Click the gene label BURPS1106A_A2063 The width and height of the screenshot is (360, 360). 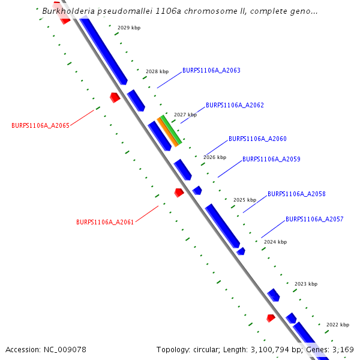[211, 71]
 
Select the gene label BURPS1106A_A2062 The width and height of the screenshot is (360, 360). [235, 105]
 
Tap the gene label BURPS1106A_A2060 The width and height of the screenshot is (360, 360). [257, 139]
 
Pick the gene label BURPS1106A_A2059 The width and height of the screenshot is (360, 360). [271, 160]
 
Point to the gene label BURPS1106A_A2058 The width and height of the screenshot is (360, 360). [296, 194]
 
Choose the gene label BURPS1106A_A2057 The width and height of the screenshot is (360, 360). [314, 220]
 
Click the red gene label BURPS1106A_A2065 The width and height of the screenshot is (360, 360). [40, 126]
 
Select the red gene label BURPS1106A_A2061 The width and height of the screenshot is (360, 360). [105, 222]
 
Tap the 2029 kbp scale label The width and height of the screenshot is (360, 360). [129, 28]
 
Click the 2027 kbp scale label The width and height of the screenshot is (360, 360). [185, 115]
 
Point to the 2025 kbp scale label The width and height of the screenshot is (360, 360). [245, 200]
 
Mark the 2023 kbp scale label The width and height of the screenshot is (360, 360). [306, 284]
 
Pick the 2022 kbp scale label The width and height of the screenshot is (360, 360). [338, 325]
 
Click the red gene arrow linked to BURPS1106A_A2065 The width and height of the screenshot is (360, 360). [115, 97]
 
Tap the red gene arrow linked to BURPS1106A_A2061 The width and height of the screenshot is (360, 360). [179, 193]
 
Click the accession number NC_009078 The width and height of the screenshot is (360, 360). [65, 350]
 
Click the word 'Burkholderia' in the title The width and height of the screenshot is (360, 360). [69, 11]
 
